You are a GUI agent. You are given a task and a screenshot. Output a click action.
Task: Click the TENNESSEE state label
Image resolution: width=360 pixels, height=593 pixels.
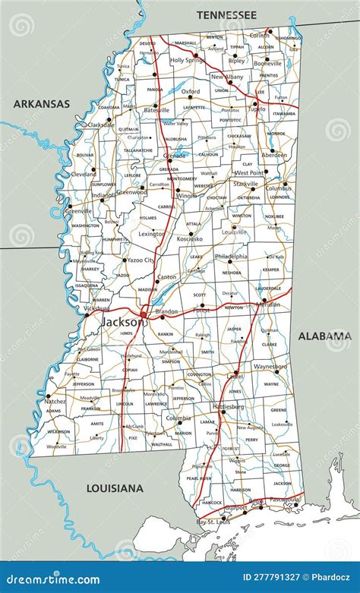click(x=226, y=14)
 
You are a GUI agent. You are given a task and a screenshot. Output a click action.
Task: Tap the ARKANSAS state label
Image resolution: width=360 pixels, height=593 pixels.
click(x=41, y=103)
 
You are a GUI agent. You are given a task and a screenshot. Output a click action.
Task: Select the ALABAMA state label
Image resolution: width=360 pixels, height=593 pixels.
click(x=324, y=336)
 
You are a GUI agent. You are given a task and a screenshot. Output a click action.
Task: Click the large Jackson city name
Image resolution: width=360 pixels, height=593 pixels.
click(x=122, y=322)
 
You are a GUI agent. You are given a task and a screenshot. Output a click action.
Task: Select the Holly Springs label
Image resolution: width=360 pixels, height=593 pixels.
click(x=187, y=59)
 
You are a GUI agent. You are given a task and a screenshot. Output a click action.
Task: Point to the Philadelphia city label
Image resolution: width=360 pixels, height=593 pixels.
click(x=231, y=257)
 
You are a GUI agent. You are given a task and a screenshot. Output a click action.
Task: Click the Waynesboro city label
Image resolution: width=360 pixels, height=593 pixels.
click(x=270, y=366)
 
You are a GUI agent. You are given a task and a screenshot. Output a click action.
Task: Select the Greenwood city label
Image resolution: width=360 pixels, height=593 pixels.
click(x=131, y=192)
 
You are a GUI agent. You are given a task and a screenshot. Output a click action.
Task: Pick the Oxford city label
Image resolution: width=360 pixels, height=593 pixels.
click(x=190, y=92)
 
